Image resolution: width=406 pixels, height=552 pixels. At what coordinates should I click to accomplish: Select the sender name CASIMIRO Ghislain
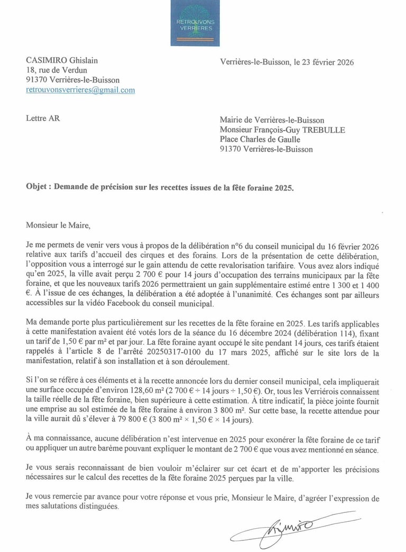(62, 61)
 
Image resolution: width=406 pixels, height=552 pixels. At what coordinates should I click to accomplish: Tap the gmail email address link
(80, 90)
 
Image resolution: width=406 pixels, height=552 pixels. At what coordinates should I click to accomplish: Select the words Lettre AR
(43, 118)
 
